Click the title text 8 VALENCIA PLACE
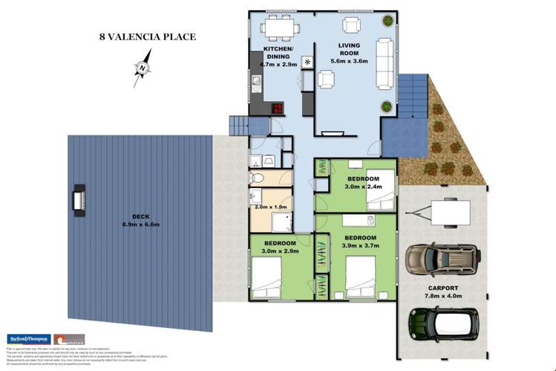tap(148, 36)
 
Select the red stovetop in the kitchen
tap(277, 108)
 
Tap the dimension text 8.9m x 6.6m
tap(141, 225)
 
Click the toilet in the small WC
tap(256, 178)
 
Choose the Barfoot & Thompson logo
tap(27, 338)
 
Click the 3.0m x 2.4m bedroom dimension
tap(363, 187)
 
